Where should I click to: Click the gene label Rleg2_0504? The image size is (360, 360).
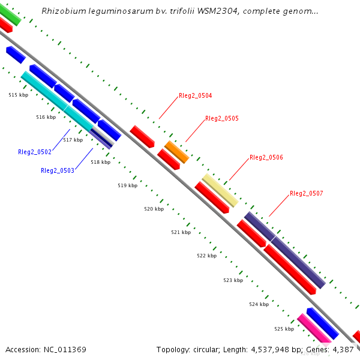pos(195,95)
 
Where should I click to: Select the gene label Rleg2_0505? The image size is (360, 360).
pos(222,118)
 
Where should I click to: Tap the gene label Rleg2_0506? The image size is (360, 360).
pos(266,157)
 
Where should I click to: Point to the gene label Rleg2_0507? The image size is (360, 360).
pos(307,193)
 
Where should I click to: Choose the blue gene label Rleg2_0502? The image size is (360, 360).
pos(35,152)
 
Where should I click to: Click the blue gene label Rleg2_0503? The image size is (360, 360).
pos(58,170)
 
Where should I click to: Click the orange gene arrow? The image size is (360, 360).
pos(176,152)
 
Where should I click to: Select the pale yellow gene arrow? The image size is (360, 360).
pos(220,190)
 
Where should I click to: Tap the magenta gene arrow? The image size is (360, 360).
pos(314,329)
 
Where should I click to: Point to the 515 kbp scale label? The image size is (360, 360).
pos(18,95)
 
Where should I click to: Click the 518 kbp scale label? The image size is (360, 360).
pos(100,162)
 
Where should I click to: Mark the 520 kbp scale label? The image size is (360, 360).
pos(154,209)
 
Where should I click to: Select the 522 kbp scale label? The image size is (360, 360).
pos(206,256)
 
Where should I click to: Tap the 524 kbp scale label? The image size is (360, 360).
pos(259,304)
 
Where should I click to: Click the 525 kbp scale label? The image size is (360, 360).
pos(284,329)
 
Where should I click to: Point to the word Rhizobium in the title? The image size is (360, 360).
pos(63,11)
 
